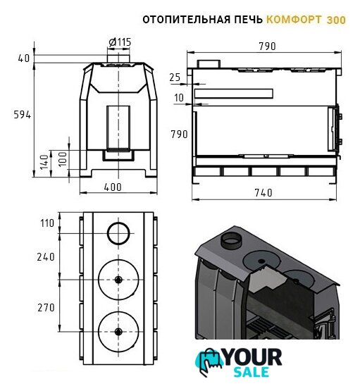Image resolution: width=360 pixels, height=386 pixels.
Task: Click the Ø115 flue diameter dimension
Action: point(120,42)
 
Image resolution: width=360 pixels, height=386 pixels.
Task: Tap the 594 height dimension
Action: point(22,115)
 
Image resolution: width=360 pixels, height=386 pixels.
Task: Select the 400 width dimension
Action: point(113,187)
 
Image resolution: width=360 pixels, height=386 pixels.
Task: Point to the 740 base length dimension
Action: point(263,193)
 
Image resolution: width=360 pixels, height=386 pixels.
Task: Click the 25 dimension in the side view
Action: point(175,77)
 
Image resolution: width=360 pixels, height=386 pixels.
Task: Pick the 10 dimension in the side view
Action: point(179,98)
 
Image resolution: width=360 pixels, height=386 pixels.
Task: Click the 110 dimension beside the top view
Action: point(47,223)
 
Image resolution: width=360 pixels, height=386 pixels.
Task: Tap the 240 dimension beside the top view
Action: point(46,257)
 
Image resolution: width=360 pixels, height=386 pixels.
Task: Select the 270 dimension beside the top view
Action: point(46,308)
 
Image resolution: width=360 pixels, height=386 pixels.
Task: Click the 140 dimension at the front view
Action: point(44,162)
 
